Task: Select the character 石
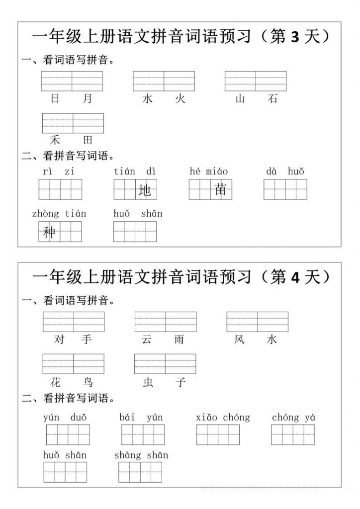click(x=272, y=99)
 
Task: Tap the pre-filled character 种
click(x=49, y=232)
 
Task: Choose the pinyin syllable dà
click(x=271, y=172)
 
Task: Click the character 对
click(x=59, y=339)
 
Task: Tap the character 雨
click(x=179, y=339)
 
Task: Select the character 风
click(x=240, y=339)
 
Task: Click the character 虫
click(x=148, y=382)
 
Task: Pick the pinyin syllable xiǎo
click(x=207, y=418)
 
